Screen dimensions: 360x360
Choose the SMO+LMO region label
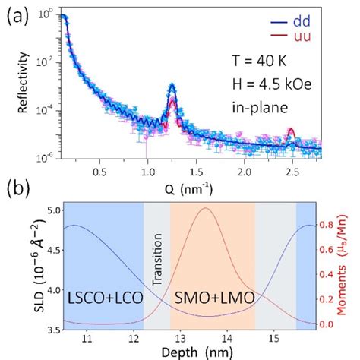tap(213, 294)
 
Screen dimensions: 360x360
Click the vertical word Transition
tap(158, 261)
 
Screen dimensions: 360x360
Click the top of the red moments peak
tap(205, 208)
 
